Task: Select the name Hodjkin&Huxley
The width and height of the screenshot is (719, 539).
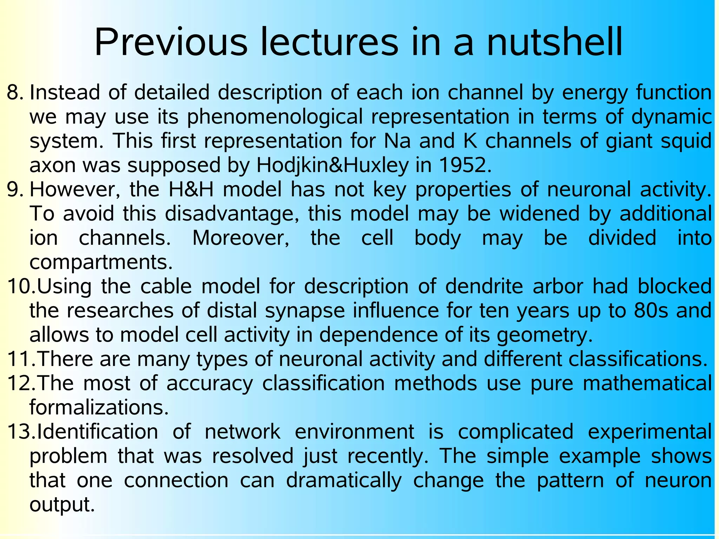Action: tap(332, 165)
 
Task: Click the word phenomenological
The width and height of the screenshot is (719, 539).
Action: tap(275, 117)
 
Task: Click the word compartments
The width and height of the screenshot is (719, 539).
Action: tap(101, 262)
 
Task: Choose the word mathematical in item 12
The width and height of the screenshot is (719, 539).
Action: tap(647, 383)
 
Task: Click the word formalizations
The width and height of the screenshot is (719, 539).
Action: tap(99, 407)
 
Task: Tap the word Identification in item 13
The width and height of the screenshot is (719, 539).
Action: tap(97, 432)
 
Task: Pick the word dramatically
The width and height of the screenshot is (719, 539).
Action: tap(344, 480)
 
